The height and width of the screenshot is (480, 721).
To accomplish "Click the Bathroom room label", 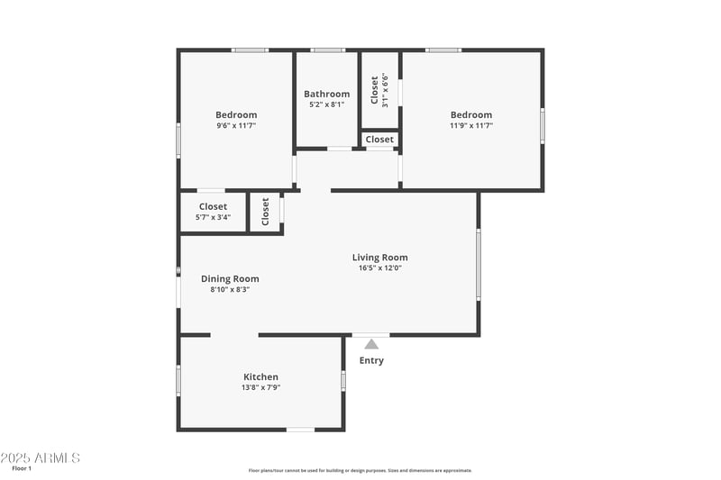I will click(326, 94).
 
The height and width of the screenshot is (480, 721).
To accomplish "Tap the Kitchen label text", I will click(260, 376).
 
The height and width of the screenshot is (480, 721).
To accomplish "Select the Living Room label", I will click(379, 258).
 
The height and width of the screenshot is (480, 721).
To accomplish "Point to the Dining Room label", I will click(230, 278).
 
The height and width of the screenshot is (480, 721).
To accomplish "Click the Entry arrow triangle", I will click(371, 343).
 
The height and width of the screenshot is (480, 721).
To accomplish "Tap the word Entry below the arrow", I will click(371, 360).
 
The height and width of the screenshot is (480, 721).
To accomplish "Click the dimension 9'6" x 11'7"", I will click(236, 126).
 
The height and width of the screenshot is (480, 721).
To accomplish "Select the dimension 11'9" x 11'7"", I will click(471, 126).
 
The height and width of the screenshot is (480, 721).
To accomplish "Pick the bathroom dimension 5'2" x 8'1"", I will click(326, 104).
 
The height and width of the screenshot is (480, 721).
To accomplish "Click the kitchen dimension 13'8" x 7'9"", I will click(260, 387).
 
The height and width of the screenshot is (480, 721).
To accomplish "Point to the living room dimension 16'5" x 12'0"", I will click(379, 268).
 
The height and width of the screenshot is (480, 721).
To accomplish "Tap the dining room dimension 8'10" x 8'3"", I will click(230, 289).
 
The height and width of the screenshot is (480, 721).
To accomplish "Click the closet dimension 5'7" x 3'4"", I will click(213, 217).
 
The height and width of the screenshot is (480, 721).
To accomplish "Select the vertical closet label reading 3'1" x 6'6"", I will click(385, 90).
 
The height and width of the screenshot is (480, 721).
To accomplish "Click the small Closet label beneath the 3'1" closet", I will click(379, 140).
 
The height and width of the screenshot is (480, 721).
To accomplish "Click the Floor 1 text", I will click(22, 468).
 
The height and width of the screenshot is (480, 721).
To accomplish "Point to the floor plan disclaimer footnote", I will click(360, 470).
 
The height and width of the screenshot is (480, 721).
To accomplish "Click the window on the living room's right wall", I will click(479, 263).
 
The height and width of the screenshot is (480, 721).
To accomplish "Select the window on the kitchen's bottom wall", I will click(300, 430).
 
